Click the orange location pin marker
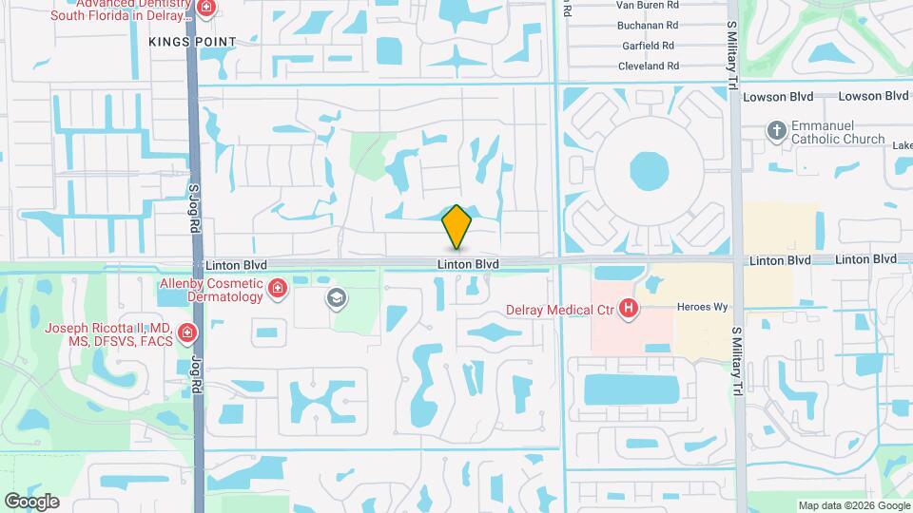[x=457, y=226]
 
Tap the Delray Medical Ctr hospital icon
[x=628, y=308]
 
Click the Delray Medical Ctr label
[x=560, y=309]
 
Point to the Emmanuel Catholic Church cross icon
[x=777, y=130]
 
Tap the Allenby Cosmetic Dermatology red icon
[x=278, y=287]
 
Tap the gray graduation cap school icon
[x=335, y=299]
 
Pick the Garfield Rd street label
[x=649, y=46]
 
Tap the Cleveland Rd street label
[x=647, y=66]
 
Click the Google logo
[x=31, y=501]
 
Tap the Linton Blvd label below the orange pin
[x=469, y=263]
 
